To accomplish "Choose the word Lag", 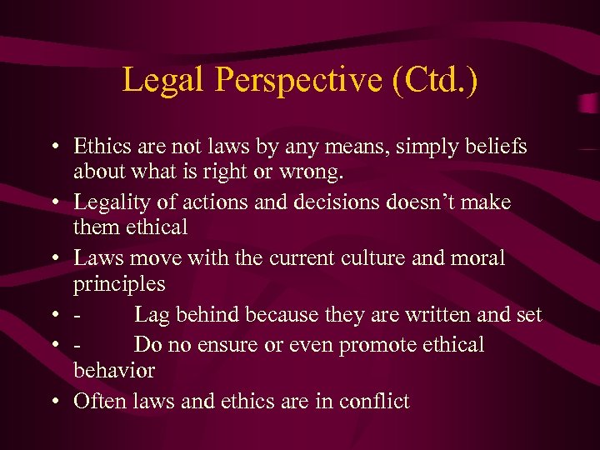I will pyautogui.click(x=152, y=315).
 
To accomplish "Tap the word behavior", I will pyautogui.click(x=114, y=370).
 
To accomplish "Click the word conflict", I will pyautogui.click(x=372, y=401).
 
